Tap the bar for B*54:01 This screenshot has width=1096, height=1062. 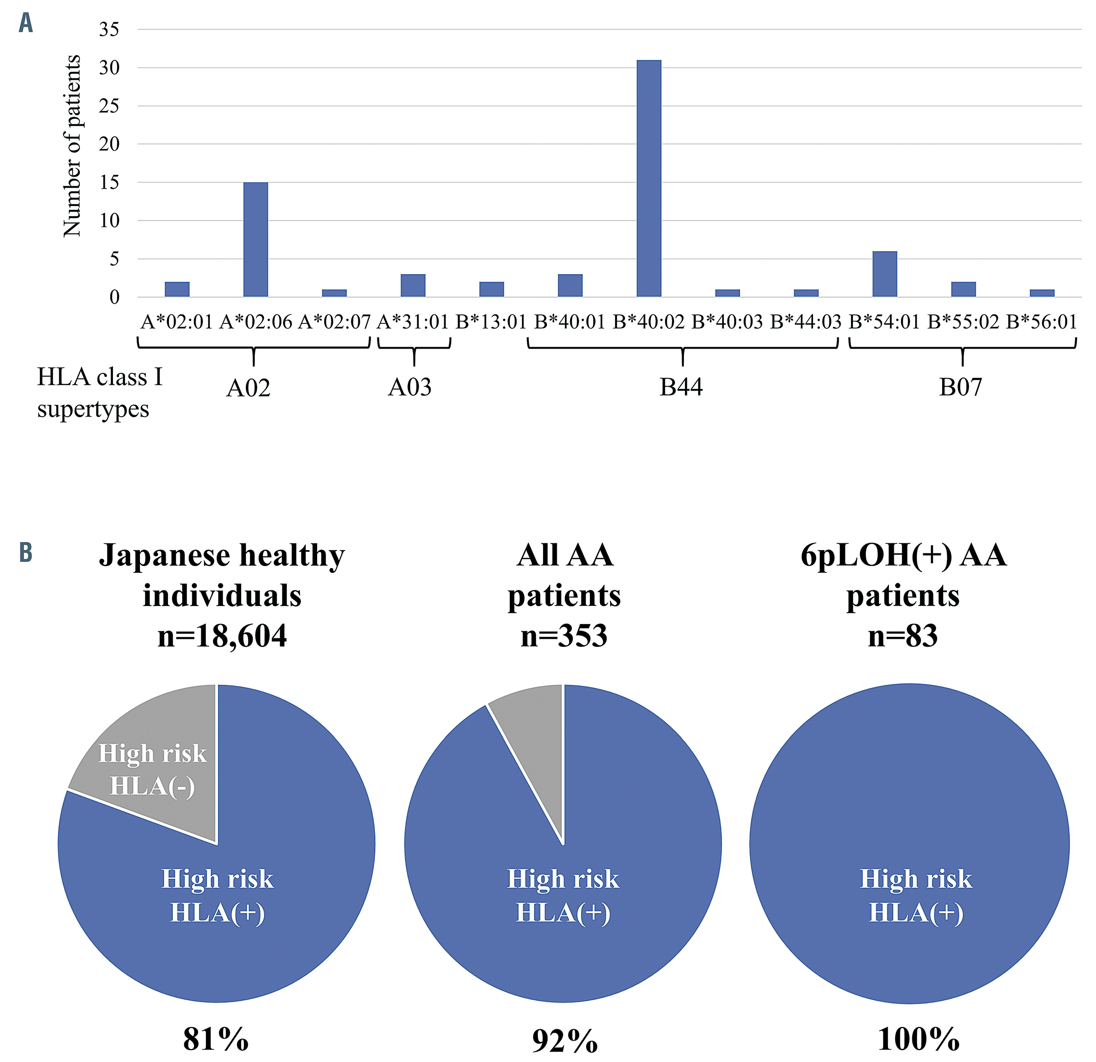(885, 274)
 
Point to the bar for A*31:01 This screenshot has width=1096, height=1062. (412, 285)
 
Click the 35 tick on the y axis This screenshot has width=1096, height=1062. (109, 29)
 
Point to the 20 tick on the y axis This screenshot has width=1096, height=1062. (109, 144)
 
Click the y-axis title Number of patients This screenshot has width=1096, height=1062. (72, 145)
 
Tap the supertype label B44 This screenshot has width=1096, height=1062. (681, 387)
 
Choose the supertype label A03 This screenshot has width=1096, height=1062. (410, 387)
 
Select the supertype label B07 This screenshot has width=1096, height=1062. (960, 387)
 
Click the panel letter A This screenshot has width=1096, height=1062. (26, 23)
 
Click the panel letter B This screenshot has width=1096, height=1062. (26, 552)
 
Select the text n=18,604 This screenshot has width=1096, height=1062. (222, 636)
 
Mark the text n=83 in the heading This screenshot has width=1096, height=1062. (902, 636)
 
